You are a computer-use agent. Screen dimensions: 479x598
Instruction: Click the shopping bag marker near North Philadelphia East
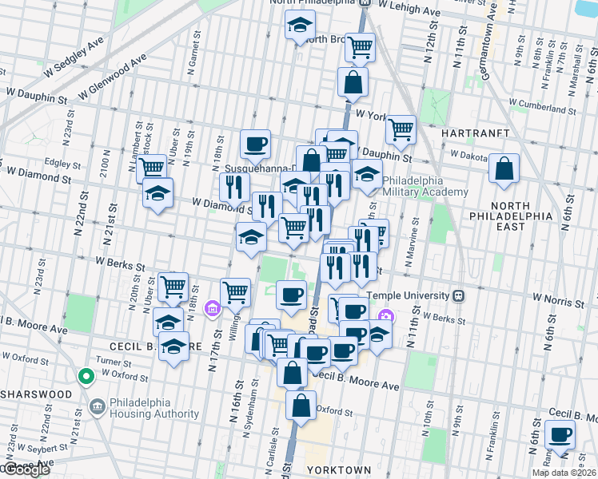pyautogui.click(x=504, y=168)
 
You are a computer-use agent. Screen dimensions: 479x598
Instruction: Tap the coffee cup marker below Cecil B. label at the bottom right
pyautogui.click(x=560, y=435)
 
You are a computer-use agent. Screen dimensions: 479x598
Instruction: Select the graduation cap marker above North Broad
pyautogui.click(x=300, y=27)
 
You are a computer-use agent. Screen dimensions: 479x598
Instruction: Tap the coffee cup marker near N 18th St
pyautogui.click(x=255, y=144)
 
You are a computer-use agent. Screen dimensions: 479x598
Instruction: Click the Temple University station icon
pyautogui.click(x=459, y=295)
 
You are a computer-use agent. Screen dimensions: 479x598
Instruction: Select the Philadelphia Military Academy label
pyautogui.click(x=425, y=186)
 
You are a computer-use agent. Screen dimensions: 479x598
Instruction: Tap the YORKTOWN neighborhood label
pyautogui.click(x=339, y=469)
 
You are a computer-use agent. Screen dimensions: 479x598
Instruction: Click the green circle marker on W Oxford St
pyautogui.click(x=86, y=376)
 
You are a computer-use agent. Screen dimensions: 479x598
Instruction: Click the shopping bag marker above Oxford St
pyautogui.click(x=300, y=405)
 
